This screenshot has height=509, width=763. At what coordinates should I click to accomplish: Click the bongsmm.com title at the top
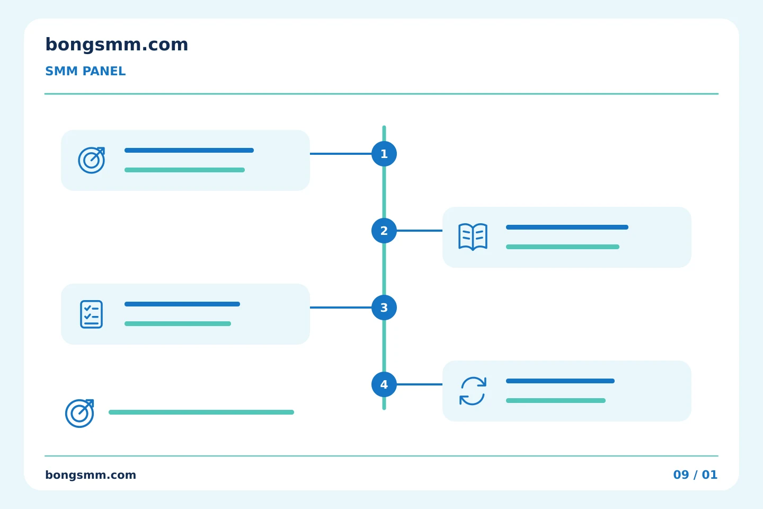click(x=117, y=45)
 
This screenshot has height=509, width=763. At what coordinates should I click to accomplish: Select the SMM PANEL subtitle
click(x=85, y=71)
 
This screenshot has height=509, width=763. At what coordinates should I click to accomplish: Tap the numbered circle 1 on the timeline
click(x=384, y=154)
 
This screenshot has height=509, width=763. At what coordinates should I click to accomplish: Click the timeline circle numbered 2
click(x=384, y=231)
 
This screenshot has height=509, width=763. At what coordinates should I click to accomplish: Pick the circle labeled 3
click(x=384, y=308)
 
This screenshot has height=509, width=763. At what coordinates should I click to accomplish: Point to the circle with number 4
click(x=384, y=384)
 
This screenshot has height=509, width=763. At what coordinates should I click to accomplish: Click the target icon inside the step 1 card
click(x=91, y=160)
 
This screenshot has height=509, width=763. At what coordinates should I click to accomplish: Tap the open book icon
click(x=473, y=237)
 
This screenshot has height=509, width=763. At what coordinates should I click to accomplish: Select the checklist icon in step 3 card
click(x=91, y=314)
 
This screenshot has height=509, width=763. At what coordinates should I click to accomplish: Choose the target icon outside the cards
click(x=79, y=413)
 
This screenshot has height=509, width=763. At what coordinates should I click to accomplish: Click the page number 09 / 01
click(x=695, y=475)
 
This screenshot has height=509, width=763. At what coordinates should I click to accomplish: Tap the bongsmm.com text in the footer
click(x=91, y=475)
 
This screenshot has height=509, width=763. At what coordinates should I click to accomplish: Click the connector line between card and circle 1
click(x=341, y=154)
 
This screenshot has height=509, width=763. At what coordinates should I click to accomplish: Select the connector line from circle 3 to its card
click(x=341, y=308)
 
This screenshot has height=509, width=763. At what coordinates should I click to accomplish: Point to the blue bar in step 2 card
click(x=567, y=227)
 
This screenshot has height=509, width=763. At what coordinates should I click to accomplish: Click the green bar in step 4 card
click(x=555, y=401)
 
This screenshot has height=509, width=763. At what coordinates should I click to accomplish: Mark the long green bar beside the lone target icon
click(x=201, y=412)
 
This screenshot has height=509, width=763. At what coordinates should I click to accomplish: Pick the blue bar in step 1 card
click(x=189, y=151)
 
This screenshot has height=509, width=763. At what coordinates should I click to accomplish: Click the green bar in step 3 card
click(x=178, y=323)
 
